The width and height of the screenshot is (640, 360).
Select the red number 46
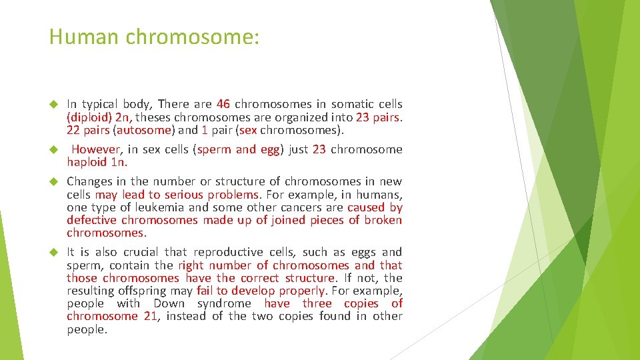pyautogui.click(x=223, y=104)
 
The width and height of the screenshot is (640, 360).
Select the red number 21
pyautogui.click(x=150, y=316)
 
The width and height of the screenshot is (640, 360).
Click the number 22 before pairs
pyautogui.click(x=74, y=129)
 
